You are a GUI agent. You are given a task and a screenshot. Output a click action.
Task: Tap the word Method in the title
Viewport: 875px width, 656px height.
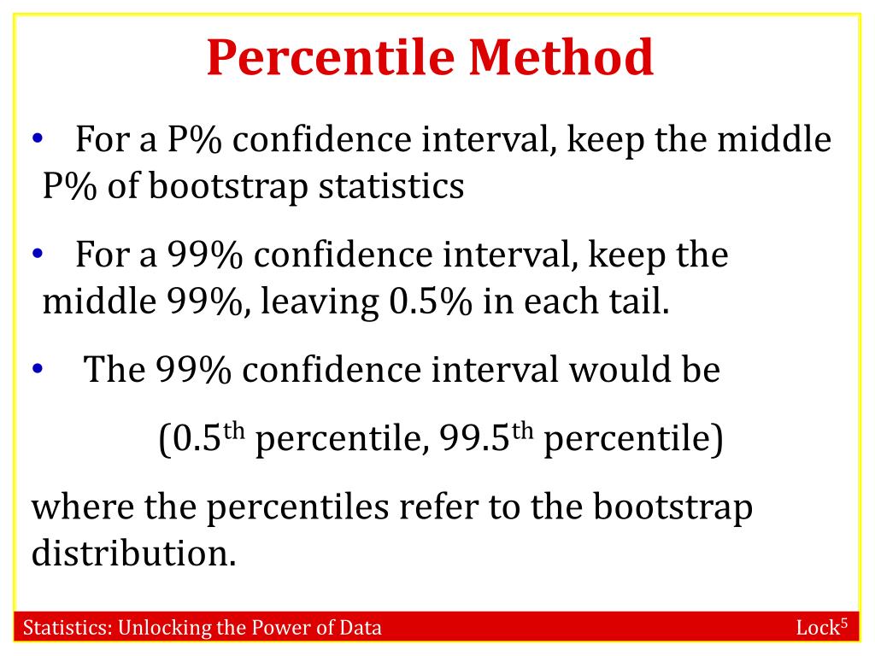[561, 57]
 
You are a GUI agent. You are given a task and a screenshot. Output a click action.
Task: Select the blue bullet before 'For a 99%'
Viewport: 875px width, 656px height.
[38, 254]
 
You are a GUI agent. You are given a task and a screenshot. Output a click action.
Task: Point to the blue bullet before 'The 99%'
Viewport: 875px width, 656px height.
[38, 368]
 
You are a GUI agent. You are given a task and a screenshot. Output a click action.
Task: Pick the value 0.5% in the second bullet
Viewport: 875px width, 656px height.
[431, 302]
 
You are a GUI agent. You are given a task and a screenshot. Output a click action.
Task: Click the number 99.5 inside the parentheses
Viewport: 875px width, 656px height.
[475, 438]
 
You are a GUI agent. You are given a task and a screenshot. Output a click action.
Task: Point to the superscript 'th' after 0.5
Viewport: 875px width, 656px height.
[234, 430]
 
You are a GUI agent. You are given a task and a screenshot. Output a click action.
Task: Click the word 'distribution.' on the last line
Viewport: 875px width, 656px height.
[134, 553]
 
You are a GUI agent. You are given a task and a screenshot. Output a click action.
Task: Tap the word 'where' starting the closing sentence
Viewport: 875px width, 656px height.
[83, 507]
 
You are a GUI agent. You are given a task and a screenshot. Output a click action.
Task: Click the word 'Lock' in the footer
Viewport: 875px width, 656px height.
[818, 628]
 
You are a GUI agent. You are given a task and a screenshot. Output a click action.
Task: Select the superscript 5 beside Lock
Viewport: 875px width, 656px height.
[843, 622]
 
